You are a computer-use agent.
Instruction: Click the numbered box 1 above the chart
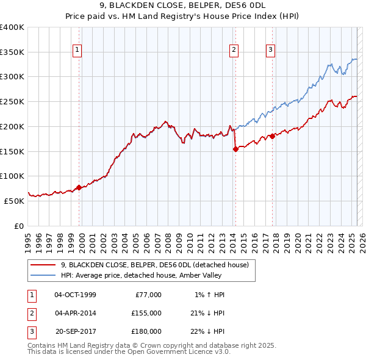click(79, 51)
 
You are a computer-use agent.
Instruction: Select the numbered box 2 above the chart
click(234, 51)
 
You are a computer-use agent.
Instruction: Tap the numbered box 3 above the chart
click(271, 51)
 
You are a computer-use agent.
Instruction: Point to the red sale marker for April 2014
click(235, 149)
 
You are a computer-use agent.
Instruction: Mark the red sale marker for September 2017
click(272, 136)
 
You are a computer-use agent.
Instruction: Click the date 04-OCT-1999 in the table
click(75, 295)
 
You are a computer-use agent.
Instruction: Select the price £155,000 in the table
click(146, 313)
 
